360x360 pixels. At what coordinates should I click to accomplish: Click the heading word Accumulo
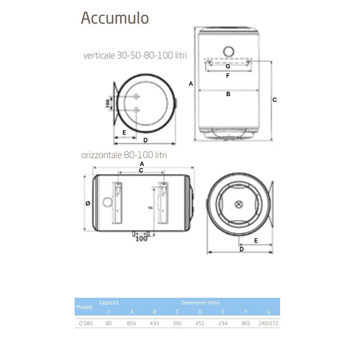[x=115, y=18]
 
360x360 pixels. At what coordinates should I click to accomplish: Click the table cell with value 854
[x=131, y=323]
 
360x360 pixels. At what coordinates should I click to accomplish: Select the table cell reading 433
[x=154, y=323]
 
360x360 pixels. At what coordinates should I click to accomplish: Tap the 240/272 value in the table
[x=269, y=323]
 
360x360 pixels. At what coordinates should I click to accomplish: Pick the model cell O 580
[x=86, y=323]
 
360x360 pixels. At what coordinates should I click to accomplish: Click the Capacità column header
[x=109, y=303]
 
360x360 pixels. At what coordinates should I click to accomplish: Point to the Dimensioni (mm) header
[x=200, y=303]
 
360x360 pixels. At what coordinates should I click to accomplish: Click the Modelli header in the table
[x=85, y=307]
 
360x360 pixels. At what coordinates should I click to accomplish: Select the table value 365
[x=246, y=323]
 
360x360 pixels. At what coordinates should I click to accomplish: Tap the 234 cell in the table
[x=223, y=323]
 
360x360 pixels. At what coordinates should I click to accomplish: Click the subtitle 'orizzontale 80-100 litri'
[x=124, y=156]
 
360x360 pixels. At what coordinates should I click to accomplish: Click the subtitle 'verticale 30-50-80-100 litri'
[x=135, y=56]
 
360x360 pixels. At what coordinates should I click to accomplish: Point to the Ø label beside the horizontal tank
[x=88, y=203]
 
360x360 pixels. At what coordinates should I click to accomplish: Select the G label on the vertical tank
[x=228, y=67]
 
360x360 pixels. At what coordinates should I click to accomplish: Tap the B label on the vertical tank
[x=228, y=94]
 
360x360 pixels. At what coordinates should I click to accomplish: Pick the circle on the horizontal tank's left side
[x=107, y=202]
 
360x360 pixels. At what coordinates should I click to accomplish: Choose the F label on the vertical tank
[x=228, y=76]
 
